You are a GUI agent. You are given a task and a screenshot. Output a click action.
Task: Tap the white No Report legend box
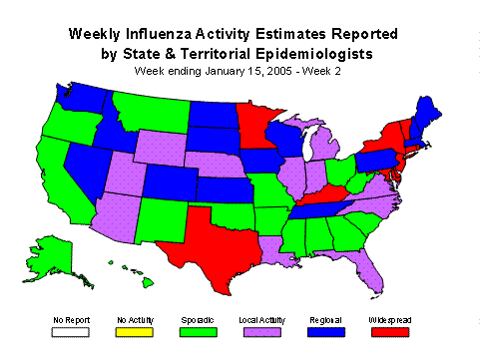[x=73, y=331]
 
